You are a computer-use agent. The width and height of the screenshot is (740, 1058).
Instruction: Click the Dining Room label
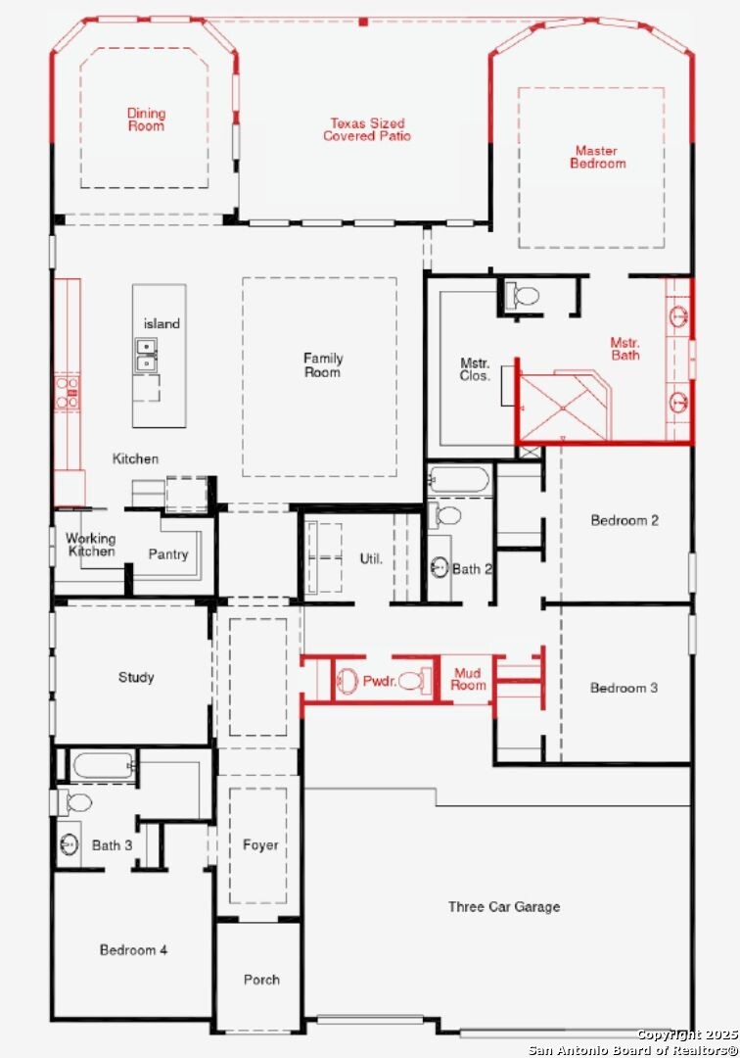tap(146, 120)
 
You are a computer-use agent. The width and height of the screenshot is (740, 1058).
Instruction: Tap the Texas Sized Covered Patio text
tap(367, 129)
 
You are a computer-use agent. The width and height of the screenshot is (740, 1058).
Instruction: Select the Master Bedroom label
tap(598, 157)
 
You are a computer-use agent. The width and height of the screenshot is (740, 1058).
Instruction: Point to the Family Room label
tap(323, 365)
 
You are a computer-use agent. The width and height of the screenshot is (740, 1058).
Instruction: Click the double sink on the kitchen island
tap(146, 355)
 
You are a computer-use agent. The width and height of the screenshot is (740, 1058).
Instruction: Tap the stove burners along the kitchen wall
tap(67, 392)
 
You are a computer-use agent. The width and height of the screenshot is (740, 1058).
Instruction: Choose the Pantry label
tap(167, 553)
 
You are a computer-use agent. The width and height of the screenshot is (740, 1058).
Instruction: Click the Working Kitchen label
tap(91, 545)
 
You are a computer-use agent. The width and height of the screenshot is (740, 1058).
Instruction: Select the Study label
tap(136, 677)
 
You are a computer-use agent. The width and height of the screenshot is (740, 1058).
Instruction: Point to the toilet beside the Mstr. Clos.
tap(523, 296)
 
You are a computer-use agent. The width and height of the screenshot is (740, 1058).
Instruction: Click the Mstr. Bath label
tap(625, 349)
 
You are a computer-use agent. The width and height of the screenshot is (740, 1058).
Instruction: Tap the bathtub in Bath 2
tap(459, 480)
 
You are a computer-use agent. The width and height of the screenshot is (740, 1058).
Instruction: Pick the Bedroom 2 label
tap(624, 520)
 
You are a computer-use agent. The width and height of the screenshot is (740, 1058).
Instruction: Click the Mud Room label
tap(468, 679)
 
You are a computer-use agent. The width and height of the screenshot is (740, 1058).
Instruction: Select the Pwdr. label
tap(380, 681)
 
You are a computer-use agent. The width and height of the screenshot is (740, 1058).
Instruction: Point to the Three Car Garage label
tap(504, 907)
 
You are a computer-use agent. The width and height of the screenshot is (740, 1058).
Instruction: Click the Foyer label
tap(260, 845)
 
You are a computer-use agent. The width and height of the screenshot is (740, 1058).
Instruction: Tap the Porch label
tap(261, 980)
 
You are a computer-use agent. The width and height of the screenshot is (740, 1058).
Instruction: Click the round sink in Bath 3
tap(69, 844)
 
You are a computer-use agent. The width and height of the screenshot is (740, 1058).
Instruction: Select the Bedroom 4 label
tap(133, 950)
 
